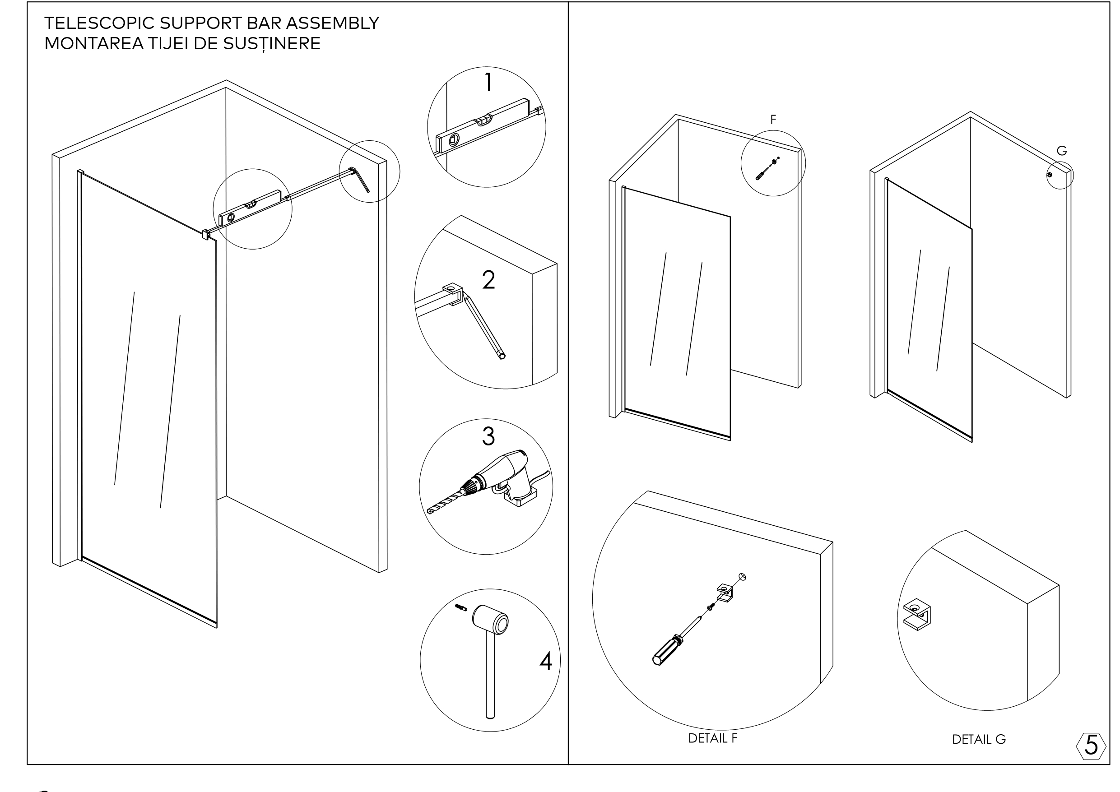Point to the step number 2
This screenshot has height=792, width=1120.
coord(488,280)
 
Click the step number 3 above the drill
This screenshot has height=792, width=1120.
coord(488,436)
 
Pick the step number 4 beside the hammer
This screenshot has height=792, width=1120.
coord(546,662)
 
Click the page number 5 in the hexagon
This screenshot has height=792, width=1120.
coord(1091,745)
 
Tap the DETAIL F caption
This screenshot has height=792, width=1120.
coord(713,738)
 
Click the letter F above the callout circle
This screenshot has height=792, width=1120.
coord(773,120)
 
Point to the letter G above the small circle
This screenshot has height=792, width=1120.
coord(1061,151)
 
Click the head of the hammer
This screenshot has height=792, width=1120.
coord(490,620)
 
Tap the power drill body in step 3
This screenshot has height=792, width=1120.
coord(505,468)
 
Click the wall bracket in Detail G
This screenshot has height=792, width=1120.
coord(917,615)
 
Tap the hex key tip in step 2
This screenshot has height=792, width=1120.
coord(502,357)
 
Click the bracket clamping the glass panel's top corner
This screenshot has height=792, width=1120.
coord(205,234)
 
